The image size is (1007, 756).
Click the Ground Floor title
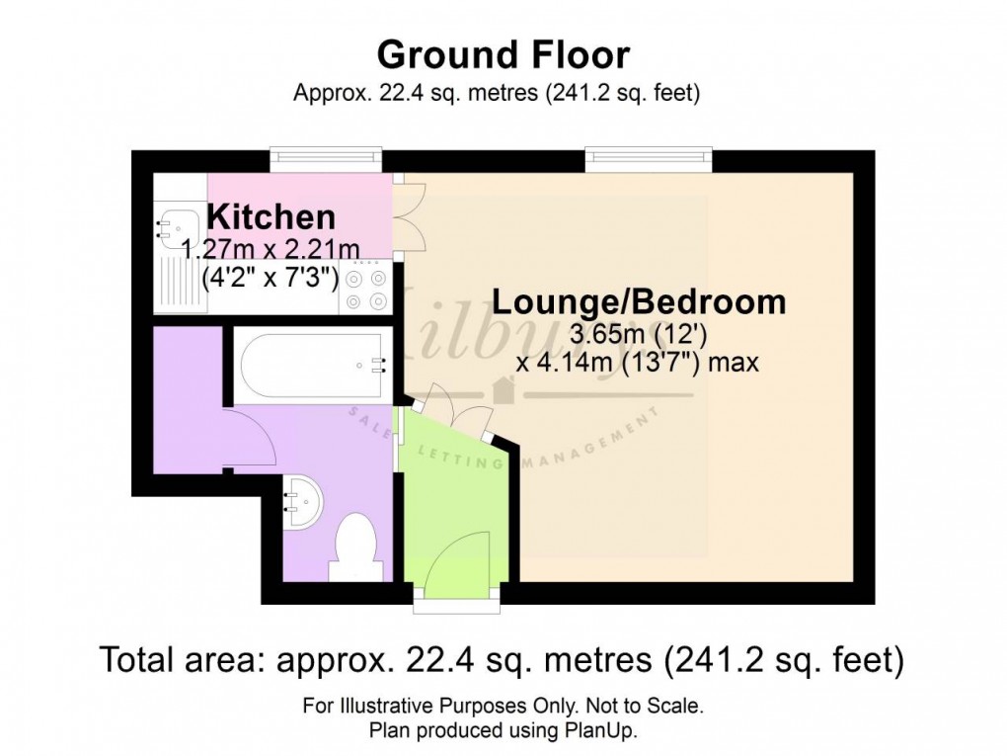(503, 53)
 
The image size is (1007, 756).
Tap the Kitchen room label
(271, 216)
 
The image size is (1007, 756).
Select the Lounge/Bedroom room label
(639, 301)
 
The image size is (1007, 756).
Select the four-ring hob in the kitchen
(367, 285)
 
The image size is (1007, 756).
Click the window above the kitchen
(327, 155)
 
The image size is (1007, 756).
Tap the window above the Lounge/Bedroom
(649, 155)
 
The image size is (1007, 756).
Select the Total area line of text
(503, 659)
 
